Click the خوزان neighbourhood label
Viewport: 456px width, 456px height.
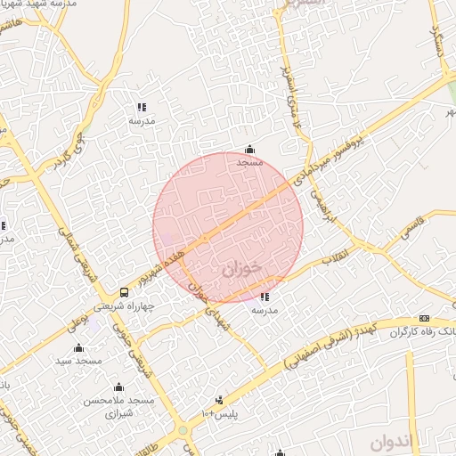pyautogui.click(x=235, y=265)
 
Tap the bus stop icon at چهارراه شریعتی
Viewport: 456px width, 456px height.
pyautogui.click(x=123, y=293)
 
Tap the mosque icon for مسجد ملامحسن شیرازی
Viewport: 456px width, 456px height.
pyautogui.click(x=118, y=387)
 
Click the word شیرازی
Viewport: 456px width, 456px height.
pyautogui.click(x=118, y=413)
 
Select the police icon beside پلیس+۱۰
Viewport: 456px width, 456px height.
pyautogui.click(x=219, y=400)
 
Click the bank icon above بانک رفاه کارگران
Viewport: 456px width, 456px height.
pyautogui.click(x=424, y=319)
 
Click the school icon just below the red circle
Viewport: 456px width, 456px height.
pyautogui.click(x=264, y=297)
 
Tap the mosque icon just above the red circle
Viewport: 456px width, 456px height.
pyautogui.click(x=249, y=149)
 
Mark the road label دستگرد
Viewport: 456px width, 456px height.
pyautogui.click(x=438, y=39)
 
